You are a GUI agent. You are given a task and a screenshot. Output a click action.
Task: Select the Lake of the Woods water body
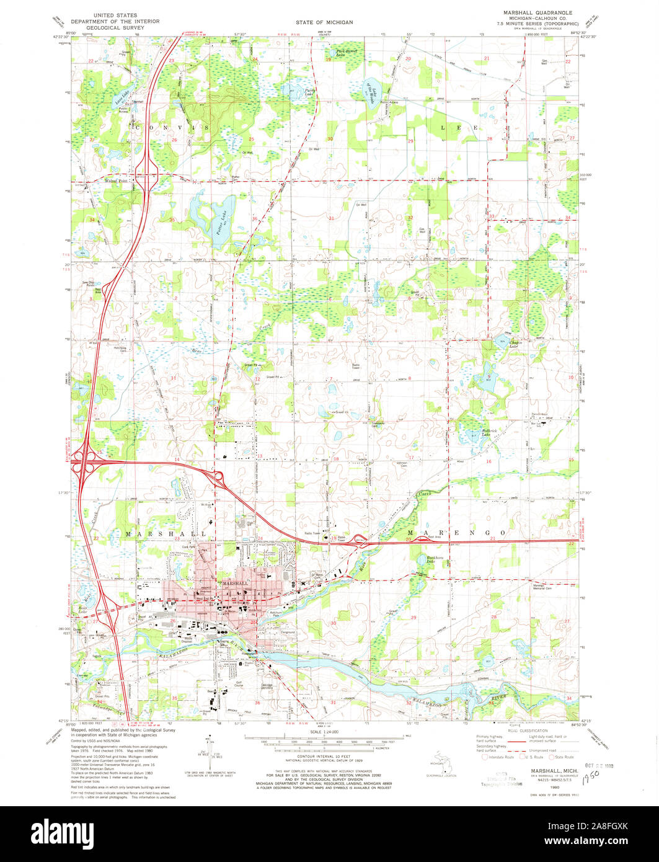[369, 94]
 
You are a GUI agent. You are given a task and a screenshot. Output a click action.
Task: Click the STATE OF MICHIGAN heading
[329, 22]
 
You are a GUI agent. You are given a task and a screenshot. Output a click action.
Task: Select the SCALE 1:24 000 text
[329, 732]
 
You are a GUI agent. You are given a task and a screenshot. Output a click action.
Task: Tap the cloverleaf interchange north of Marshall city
[218, 479]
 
